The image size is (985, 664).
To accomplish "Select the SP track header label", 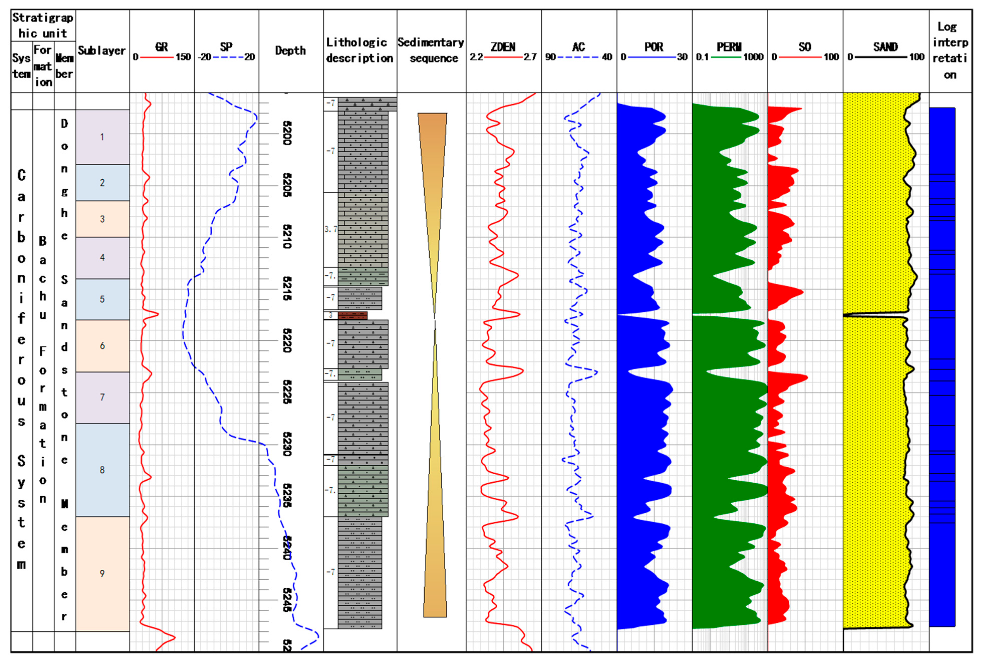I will click(226, 47).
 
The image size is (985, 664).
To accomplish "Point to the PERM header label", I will click(729, 47).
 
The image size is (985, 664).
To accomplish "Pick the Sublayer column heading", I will click(102, 50).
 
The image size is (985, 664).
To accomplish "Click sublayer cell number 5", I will click(102, 299).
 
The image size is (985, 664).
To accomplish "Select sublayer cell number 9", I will click(102, 573).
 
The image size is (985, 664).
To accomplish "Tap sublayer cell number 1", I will click(102, 137).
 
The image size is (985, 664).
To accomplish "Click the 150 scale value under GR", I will click(183, 57).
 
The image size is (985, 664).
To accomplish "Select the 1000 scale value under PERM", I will click(753, 57).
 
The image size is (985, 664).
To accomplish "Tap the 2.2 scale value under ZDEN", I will click(476, 57).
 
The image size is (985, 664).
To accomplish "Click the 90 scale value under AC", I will click(550, 57).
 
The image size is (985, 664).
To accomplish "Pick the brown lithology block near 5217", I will click(353, 316).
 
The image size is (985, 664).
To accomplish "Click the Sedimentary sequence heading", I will click(431, 50).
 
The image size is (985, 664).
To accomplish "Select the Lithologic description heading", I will click(359, 50).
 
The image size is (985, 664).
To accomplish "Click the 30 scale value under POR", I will click(682, 57).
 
